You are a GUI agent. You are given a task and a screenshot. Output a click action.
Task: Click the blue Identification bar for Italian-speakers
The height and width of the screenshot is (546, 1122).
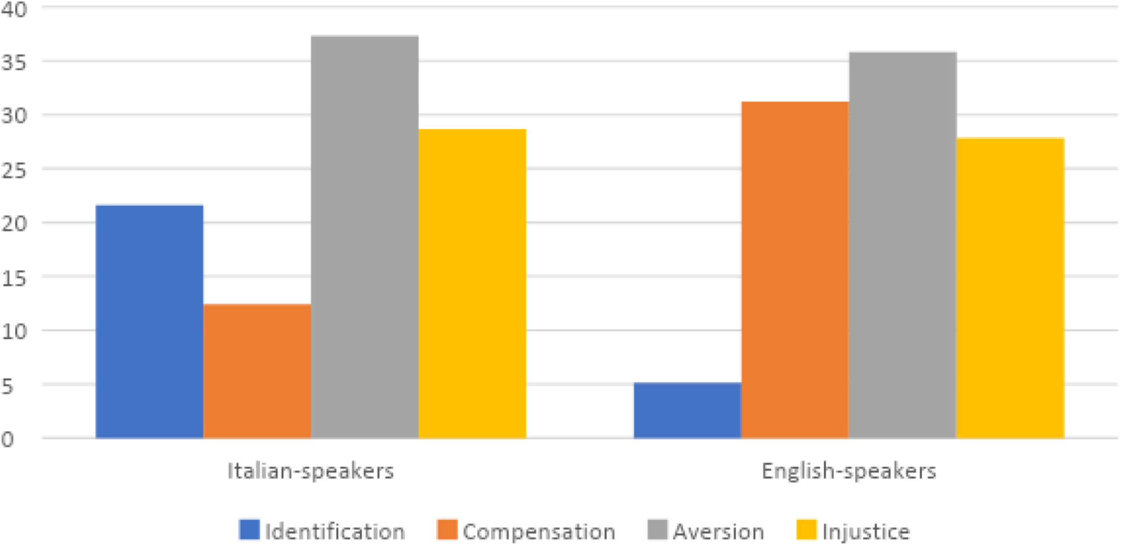pos(149,321)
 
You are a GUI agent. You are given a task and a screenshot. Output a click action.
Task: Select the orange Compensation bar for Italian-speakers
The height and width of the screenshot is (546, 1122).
pos(257,371)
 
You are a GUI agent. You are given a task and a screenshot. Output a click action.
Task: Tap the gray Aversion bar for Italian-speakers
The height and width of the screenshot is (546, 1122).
pos(364,237)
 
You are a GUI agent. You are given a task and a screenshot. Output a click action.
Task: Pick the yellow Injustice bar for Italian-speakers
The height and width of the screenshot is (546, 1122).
pos(472,284)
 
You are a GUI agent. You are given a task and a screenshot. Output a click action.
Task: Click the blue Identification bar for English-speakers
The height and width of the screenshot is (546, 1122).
pos(687,410)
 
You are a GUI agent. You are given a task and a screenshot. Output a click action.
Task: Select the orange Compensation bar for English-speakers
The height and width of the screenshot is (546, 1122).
pos(795,270)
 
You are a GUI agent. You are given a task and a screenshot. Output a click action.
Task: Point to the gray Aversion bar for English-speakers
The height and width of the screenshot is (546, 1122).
pos(903,245)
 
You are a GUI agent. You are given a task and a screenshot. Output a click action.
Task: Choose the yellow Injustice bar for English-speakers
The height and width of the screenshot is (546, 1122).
pos(1010,288)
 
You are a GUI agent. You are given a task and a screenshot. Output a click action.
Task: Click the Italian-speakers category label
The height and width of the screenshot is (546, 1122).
pos(311,472)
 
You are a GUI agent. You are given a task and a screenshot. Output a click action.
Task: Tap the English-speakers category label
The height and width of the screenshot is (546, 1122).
pos(849,472)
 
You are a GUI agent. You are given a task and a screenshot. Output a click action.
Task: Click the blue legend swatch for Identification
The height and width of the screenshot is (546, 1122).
pos(250,530)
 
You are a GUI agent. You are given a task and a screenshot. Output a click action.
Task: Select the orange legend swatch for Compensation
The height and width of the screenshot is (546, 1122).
pos(447,530)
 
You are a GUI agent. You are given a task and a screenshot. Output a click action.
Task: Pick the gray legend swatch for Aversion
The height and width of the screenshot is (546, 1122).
pos(657,530)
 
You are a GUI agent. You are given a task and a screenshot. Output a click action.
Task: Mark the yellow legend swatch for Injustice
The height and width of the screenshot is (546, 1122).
pos(806,530)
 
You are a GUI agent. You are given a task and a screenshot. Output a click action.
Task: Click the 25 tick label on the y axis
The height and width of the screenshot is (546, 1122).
pos(13,170)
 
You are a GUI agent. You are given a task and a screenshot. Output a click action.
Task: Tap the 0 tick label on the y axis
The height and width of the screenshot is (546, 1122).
pos(7,440)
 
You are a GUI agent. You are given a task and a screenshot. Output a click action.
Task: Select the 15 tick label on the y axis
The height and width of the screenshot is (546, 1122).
pos(13,279)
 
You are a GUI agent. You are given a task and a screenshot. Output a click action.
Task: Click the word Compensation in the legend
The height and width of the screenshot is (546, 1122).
pos(539,532)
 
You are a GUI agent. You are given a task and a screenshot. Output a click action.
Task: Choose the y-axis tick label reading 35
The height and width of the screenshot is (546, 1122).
pos(13,63)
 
